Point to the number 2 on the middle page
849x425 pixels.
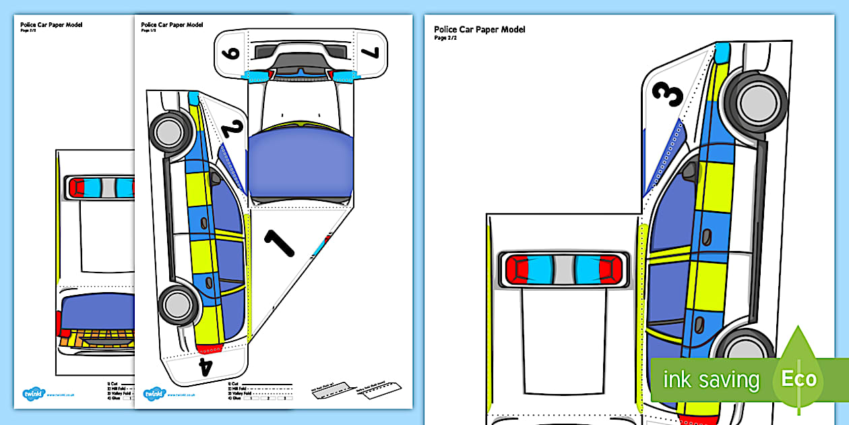point(230,128)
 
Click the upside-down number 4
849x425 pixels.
point(206,366)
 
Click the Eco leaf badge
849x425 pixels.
point(799,377)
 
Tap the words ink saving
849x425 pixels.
point(711,379)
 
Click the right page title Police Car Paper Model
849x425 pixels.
point(479,30)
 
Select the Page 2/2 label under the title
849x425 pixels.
point(445,38)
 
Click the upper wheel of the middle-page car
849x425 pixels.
point(166,128)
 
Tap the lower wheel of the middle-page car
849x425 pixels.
point(177,303)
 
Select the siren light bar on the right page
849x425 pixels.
point(563,269)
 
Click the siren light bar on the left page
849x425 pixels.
point(100,188)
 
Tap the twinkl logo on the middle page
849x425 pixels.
point(154,394)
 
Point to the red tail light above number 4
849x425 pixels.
point(212,348)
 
